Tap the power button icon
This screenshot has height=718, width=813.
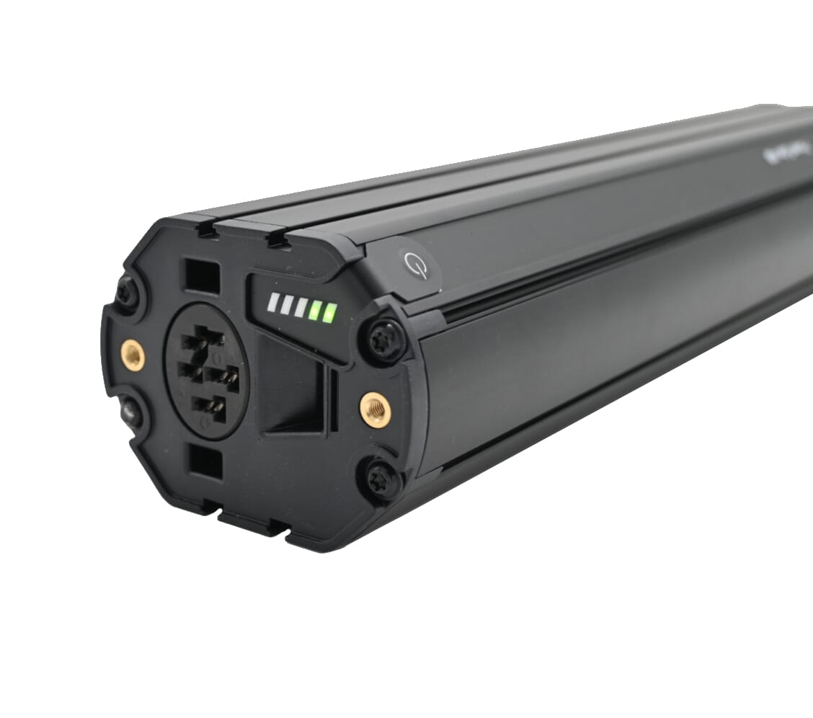(417, 266)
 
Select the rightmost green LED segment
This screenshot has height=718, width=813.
(330, 313)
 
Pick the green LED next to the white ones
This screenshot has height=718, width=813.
(315, 310)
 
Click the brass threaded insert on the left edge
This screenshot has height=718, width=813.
(133, 354)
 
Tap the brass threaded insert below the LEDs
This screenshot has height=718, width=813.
(375, 409)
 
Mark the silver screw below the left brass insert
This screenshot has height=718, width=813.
(130, 412)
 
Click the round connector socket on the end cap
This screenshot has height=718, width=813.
(207, 371)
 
